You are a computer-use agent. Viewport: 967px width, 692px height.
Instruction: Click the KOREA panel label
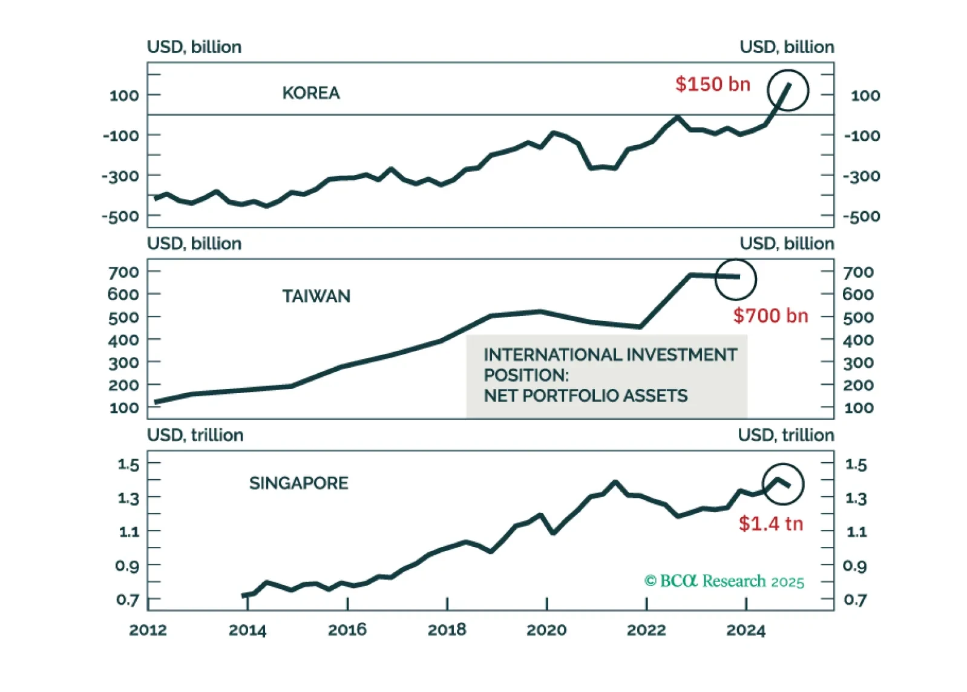coord(311,93)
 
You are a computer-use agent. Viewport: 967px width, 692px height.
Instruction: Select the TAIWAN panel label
coord(316,296)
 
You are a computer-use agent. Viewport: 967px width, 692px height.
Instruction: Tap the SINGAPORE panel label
coord(298,483)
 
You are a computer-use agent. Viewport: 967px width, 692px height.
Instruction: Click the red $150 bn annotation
coord(712,84)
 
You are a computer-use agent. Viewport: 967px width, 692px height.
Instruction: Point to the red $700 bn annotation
coord(770,315)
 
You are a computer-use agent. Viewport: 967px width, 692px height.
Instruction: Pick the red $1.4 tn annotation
coord(770,523)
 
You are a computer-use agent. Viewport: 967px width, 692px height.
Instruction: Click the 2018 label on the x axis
coord(447,630)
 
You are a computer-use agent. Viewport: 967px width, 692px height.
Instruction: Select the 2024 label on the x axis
coord(746,630)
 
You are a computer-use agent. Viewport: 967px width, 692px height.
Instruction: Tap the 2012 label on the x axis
coord(148,630)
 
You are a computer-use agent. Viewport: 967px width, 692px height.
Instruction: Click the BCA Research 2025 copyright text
coord(724,581)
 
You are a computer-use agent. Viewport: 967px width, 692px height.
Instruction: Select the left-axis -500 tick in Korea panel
coord(120,216)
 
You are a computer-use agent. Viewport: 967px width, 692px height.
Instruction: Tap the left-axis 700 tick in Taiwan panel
coord(123,272)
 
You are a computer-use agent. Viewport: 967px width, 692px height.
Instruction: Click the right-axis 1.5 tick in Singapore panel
coord(856,465)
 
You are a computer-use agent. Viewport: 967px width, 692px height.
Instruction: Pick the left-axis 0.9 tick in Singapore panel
coord(127,566)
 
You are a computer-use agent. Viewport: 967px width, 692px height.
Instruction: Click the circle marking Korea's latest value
coord(787,91)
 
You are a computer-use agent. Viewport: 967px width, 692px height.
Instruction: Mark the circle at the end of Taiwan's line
coord(735,279)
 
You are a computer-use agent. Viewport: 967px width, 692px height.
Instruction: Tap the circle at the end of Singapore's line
coord(782,484)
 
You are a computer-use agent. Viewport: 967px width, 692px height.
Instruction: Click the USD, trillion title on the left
coord(195,435)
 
